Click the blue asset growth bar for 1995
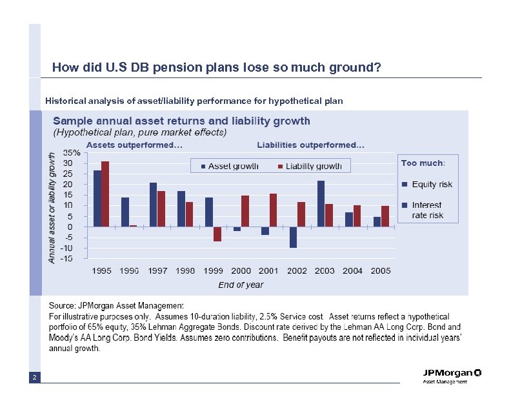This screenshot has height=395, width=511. coord(97,198)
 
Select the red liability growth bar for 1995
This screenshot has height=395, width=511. coord(105,194)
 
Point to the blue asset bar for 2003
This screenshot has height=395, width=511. coord(321,203)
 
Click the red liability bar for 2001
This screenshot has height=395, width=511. coord(273,210)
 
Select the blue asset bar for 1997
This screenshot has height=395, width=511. coord(154,204)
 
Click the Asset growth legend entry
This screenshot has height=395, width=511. coord(229,166)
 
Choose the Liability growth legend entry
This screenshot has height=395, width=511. coord(309,166)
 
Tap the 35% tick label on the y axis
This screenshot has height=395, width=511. coord(72,153)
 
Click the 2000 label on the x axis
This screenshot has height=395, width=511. coord(241,270)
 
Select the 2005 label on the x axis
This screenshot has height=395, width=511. coord(381,270)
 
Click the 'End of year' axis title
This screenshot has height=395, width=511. coord(241,285)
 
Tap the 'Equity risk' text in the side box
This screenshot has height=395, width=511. coord(432,184)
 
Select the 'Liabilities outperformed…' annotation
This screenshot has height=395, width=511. coord(310,145)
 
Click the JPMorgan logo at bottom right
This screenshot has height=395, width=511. coord(452,373)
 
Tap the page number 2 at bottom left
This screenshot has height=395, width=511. coord(34,376)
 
